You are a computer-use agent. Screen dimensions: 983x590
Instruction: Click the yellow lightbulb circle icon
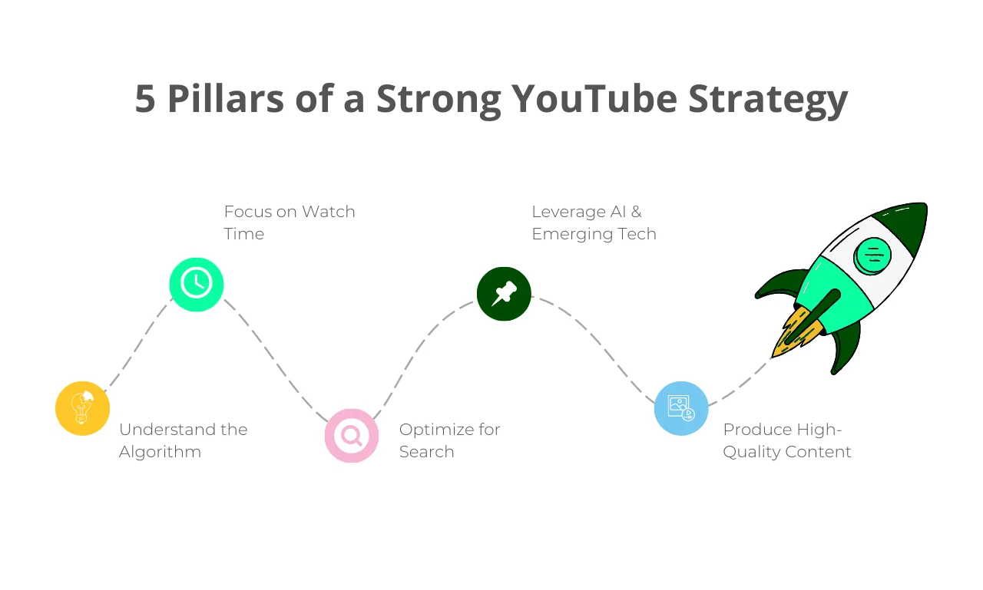click(82, 408)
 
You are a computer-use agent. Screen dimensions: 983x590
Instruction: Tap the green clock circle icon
click(197, 285)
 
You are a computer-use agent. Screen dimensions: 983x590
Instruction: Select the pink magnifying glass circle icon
click(352, 436)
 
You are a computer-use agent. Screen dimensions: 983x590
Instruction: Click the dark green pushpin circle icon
click(504, 294)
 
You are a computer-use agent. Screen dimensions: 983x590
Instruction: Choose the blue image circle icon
click(681, 408)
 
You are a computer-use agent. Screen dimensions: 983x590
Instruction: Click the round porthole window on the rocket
click(872, 255)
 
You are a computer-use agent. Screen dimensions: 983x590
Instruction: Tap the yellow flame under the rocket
click(794, 334)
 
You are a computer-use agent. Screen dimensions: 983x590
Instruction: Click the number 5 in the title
click(145, 99)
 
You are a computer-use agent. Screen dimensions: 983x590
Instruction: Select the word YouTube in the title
click(594, 99)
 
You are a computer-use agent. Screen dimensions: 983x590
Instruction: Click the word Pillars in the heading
click(226, 98)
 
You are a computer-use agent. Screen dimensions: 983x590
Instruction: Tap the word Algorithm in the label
click(161, 452)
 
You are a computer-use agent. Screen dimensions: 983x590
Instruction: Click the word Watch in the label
click(329, 212)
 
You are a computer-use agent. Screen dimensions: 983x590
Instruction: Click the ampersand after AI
click(637, 212)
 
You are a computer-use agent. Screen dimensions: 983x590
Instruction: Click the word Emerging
click(572, 235)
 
